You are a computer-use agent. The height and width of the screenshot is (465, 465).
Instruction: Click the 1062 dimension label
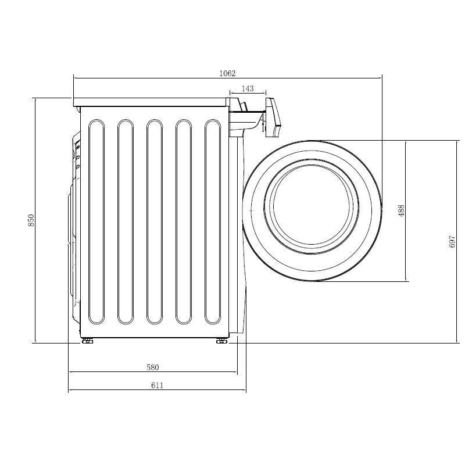tap(227, 73)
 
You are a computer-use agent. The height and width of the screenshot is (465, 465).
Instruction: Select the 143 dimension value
tap(248, 89)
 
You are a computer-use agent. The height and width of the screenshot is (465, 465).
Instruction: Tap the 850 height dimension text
tap(31, 220)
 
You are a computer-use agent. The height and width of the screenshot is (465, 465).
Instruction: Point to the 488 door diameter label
tap(401, 210)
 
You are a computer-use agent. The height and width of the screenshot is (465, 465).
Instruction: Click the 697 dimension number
tap(452, 242)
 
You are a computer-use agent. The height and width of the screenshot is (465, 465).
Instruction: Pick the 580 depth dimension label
tap(153, 367)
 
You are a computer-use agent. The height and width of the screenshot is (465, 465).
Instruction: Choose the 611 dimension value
tap(157, 385)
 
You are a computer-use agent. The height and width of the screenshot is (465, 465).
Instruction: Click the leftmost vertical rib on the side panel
tap(96, 221)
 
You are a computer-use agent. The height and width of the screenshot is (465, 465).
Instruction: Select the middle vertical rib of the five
tap(155, 221)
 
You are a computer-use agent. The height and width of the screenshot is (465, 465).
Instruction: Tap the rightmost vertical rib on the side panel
tap(213, 221)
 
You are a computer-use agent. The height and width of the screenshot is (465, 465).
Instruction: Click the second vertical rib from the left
tap(126, 221)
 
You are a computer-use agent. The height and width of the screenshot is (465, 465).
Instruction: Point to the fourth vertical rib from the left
tap(184, 221)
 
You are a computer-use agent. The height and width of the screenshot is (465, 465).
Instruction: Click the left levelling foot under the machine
tap(88, 341)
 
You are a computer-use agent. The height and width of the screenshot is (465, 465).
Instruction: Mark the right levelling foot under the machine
tap(221, 341)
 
